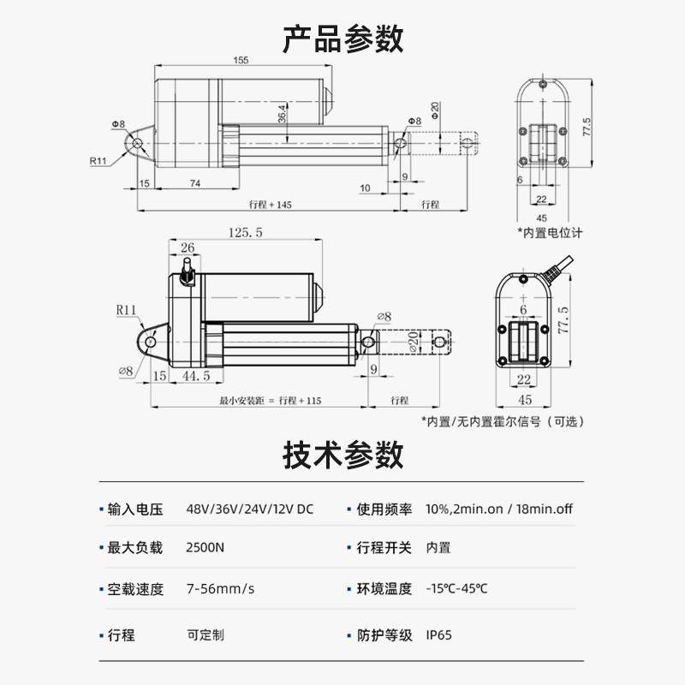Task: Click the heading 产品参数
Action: pyautogui.click(x=342, y=39)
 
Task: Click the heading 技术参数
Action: pyautogui.click(x=342, y=455)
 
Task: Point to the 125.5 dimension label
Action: pyautogui.click(x=246, y=232)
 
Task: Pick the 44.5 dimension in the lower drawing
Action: pyautogui.click(x=195, y=377)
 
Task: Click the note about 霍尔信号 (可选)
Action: pyautogui.click(x=505, y=421)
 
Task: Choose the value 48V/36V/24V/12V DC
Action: pyautogui.click(x=250, y=509)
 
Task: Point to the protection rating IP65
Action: pyautogui.click(x=438, y=635)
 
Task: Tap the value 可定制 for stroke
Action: pyautogui.click(x=205, y=635)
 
